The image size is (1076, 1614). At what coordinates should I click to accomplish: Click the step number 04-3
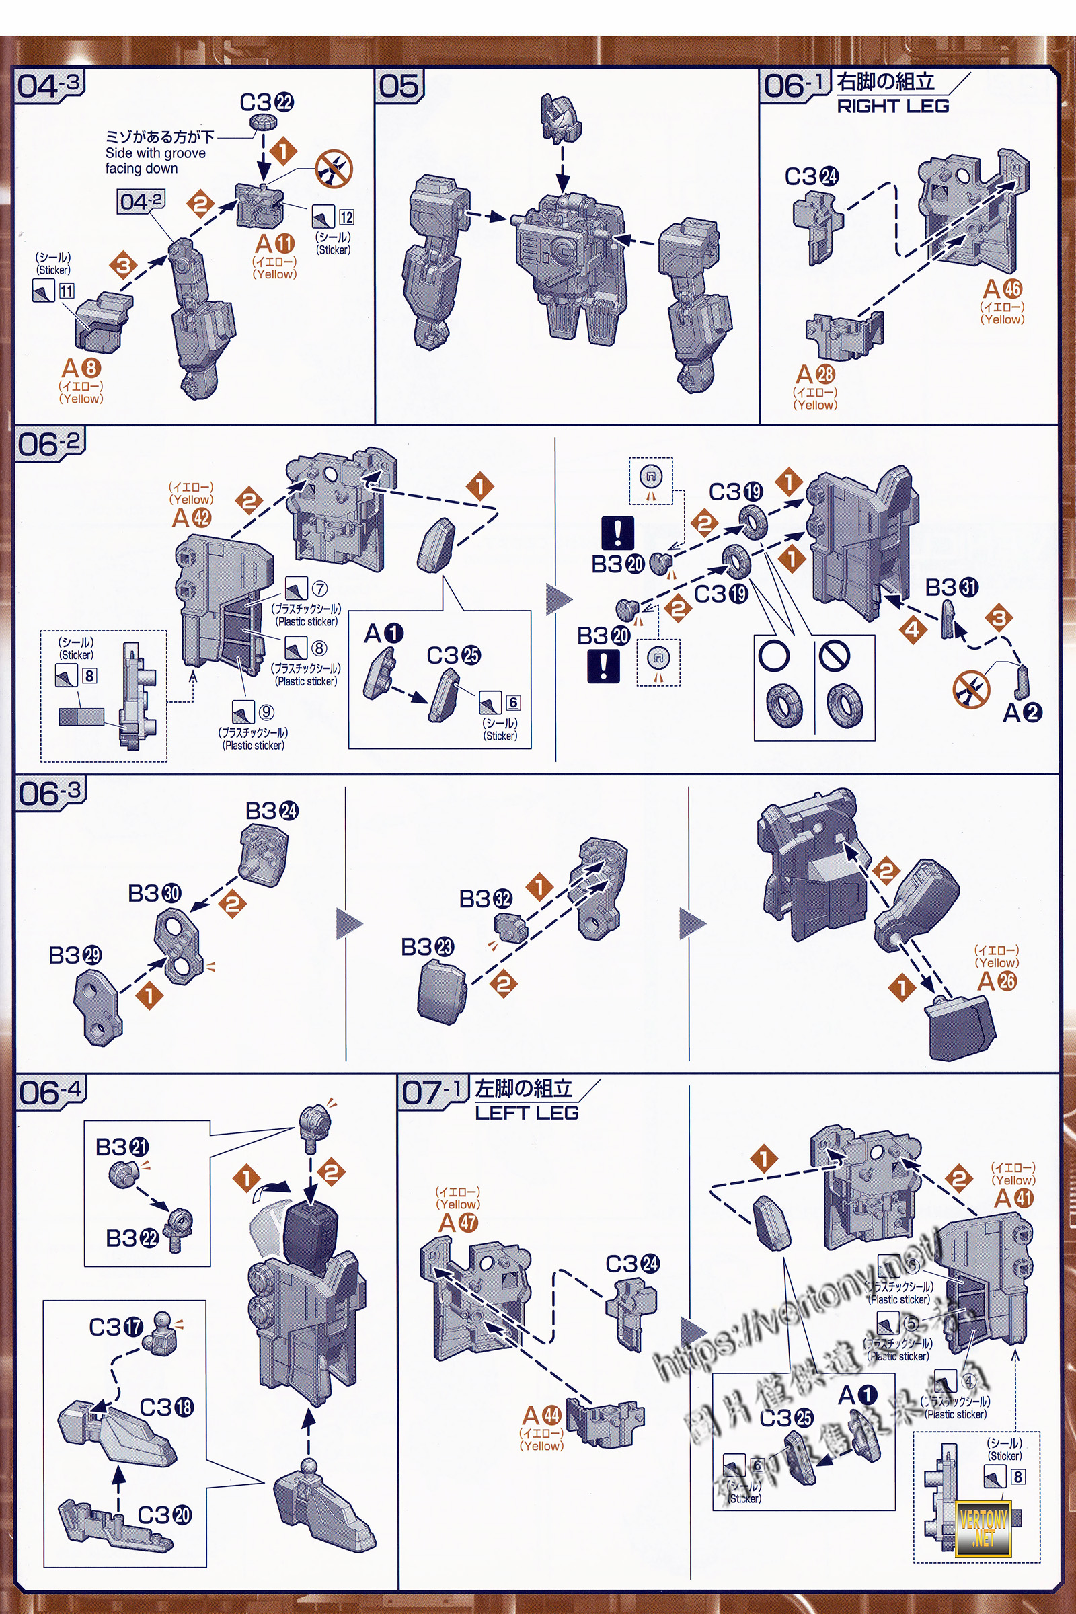coord(48,86)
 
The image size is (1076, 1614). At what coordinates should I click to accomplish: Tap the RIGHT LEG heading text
coord(892,106)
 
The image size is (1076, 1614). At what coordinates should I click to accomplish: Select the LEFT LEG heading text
coord(527,1112)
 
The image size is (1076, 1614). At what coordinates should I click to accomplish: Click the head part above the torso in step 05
coord(561,119)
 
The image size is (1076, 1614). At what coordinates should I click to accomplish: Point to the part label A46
coord(1002,289)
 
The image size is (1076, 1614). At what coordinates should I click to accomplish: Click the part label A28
coord(815,375)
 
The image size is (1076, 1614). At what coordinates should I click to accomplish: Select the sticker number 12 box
coord(346,217)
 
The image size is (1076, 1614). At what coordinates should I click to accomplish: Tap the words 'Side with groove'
coord(155,153)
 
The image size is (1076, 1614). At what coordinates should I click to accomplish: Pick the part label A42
coord(192,516)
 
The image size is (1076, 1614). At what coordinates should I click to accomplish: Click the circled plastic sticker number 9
coord(266,712)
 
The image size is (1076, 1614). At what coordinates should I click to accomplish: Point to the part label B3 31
coord(951,587)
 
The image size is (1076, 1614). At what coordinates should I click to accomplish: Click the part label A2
coord(1022,712)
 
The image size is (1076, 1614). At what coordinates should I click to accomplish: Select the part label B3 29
coord(75,955)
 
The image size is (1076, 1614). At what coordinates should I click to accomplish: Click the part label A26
coord(997,981)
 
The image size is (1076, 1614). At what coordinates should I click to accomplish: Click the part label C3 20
coord(165,1514)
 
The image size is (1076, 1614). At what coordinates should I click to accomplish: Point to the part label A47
coord(459,1222)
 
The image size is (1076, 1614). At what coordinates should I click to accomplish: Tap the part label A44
coord(541,1415)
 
